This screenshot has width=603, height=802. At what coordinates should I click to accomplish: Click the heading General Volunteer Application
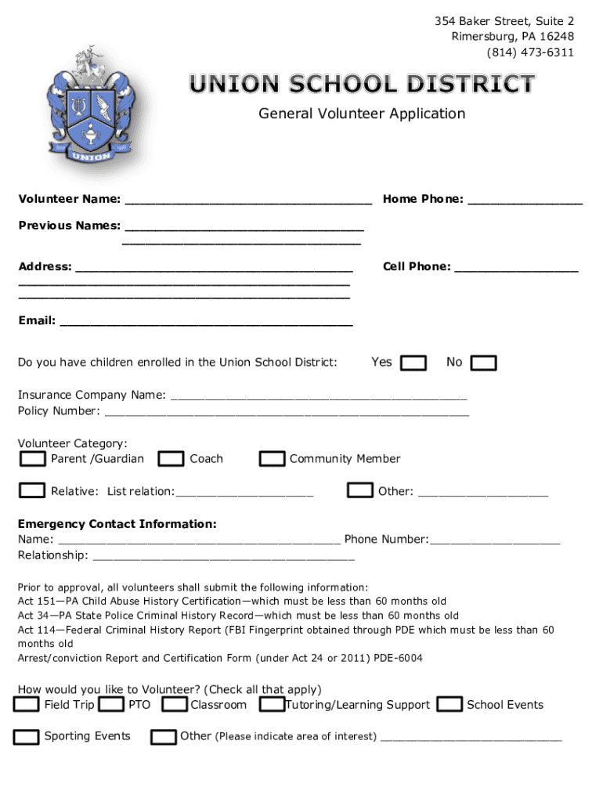[362, 114]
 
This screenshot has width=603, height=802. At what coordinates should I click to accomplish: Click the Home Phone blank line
[525, 200]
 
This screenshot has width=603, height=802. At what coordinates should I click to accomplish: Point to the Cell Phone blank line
[516, 268]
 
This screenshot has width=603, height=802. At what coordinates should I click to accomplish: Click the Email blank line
[206, 321]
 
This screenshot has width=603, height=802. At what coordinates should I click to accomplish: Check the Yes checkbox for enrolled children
[413, 363]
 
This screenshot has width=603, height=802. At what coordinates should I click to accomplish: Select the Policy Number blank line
[287, 412]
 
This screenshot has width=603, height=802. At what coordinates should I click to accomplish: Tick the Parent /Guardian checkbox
[32, 459]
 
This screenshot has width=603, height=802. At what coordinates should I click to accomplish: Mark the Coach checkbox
[171, 459]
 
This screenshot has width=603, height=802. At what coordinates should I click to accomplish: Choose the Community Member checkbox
[272, 459]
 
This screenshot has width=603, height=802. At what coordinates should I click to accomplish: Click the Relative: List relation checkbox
[32, 491]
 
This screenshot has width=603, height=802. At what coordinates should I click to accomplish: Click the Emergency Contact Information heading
[117, 524]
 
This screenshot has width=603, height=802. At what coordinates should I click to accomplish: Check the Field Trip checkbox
[27, 705]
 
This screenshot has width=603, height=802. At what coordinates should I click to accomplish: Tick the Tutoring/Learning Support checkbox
[272, 705]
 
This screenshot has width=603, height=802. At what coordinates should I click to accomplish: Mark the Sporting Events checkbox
[27, 737]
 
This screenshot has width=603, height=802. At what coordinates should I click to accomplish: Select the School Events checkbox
[450, 705]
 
